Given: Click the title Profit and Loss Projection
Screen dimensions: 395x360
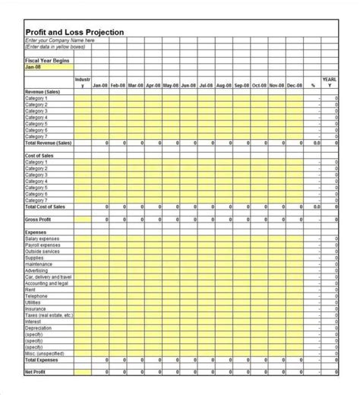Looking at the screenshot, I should click(x=74, y=32).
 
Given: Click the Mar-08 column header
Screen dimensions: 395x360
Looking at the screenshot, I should click(x=136, y=86).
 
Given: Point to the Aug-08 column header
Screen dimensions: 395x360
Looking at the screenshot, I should click(x=223, y=86).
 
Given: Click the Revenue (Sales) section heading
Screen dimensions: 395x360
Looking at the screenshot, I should click(x=43, y=92).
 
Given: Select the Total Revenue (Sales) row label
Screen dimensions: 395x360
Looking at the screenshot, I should click(x=48, y=142).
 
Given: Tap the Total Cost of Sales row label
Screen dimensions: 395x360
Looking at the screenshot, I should click(x=45, y=206).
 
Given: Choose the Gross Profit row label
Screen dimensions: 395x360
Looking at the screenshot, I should click(x=37, y=219).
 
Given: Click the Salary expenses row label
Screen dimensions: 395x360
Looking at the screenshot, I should click(x=42, y=238).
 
